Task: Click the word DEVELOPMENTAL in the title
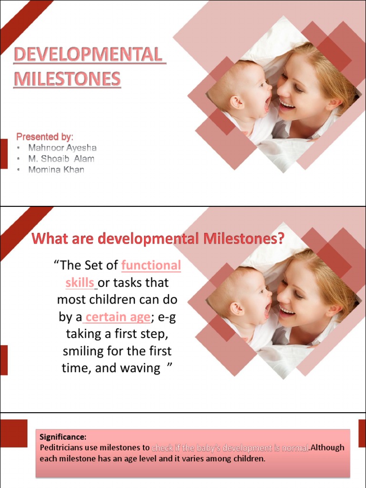point(89,55)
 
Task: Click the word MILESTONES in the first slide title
point(67,79)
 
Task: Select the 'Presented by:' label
point(45,136)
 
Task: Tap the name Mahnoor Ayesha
point(62,148)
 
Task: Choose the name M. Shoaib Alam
point(61,159)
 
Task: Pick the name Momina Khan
point(56,170)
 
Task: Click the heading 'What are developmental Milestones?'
point(157,238)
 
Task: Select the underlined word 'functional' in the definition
point(151,265)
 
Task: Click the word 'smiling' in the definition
point(82,352)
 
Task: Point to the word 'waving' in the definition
point(142,369)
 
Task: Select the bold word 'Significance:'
point(63,437)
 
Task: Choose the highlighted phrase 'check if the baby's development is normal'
point(230,448)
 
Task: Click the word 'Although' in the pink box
point(327,448)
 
